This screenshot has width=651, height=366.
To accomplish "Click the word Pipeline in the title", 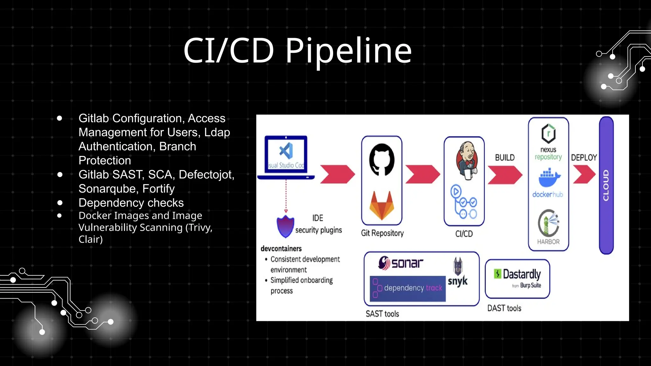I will point(348,51).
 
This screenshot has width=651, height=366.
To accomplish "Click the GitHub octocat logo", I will point(381,159).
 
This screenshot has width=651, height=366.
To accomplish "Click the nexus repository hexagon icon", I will point(548,133).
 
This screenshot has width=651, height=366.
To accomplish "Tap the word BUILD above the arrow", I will point(504,158).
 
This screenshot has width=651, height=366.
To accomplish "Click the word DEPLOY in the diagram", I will point(584,158).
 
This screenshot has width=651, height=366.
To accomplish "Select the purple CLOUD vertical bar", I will point(606,185).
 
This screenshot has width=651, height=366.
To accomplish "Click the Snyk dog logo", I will point(458,266).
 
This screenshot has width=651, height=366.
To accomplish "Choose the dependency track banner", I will point(408,288).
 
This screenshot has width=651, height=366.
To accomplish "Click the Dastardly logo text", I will point(521,274).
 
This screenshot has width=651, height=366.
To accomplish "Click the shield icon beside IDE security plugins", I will point(285,226).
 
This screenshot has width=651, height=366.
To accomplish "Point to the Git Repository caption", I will point(382,233).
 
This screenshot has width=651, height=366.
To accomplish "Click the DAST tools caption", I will point(504,308).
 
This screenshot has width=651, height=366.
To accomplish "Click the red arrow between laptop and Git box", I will point(337,174).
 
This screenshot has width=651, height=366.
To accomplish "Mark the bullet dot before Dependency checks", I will point(60,203).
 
